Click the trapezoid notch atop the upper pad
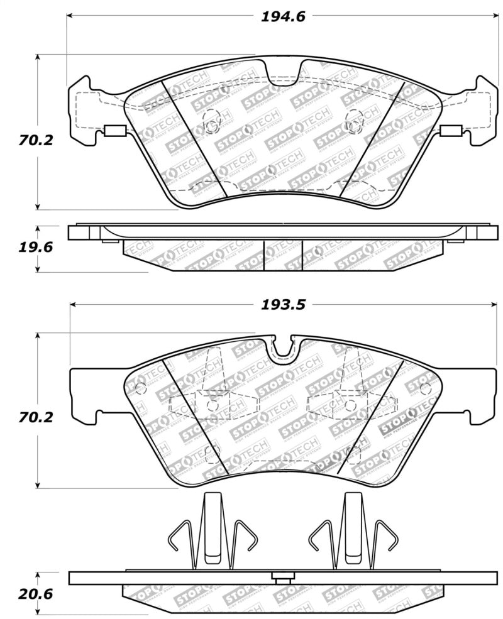click(284, 72)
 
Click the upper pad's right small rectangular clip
click(451, 131)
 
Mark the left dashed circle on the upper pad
click(213, 121)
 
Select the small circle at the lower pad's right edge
click(425, 385)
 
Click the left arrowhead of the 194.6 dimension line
click(70, 17)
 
